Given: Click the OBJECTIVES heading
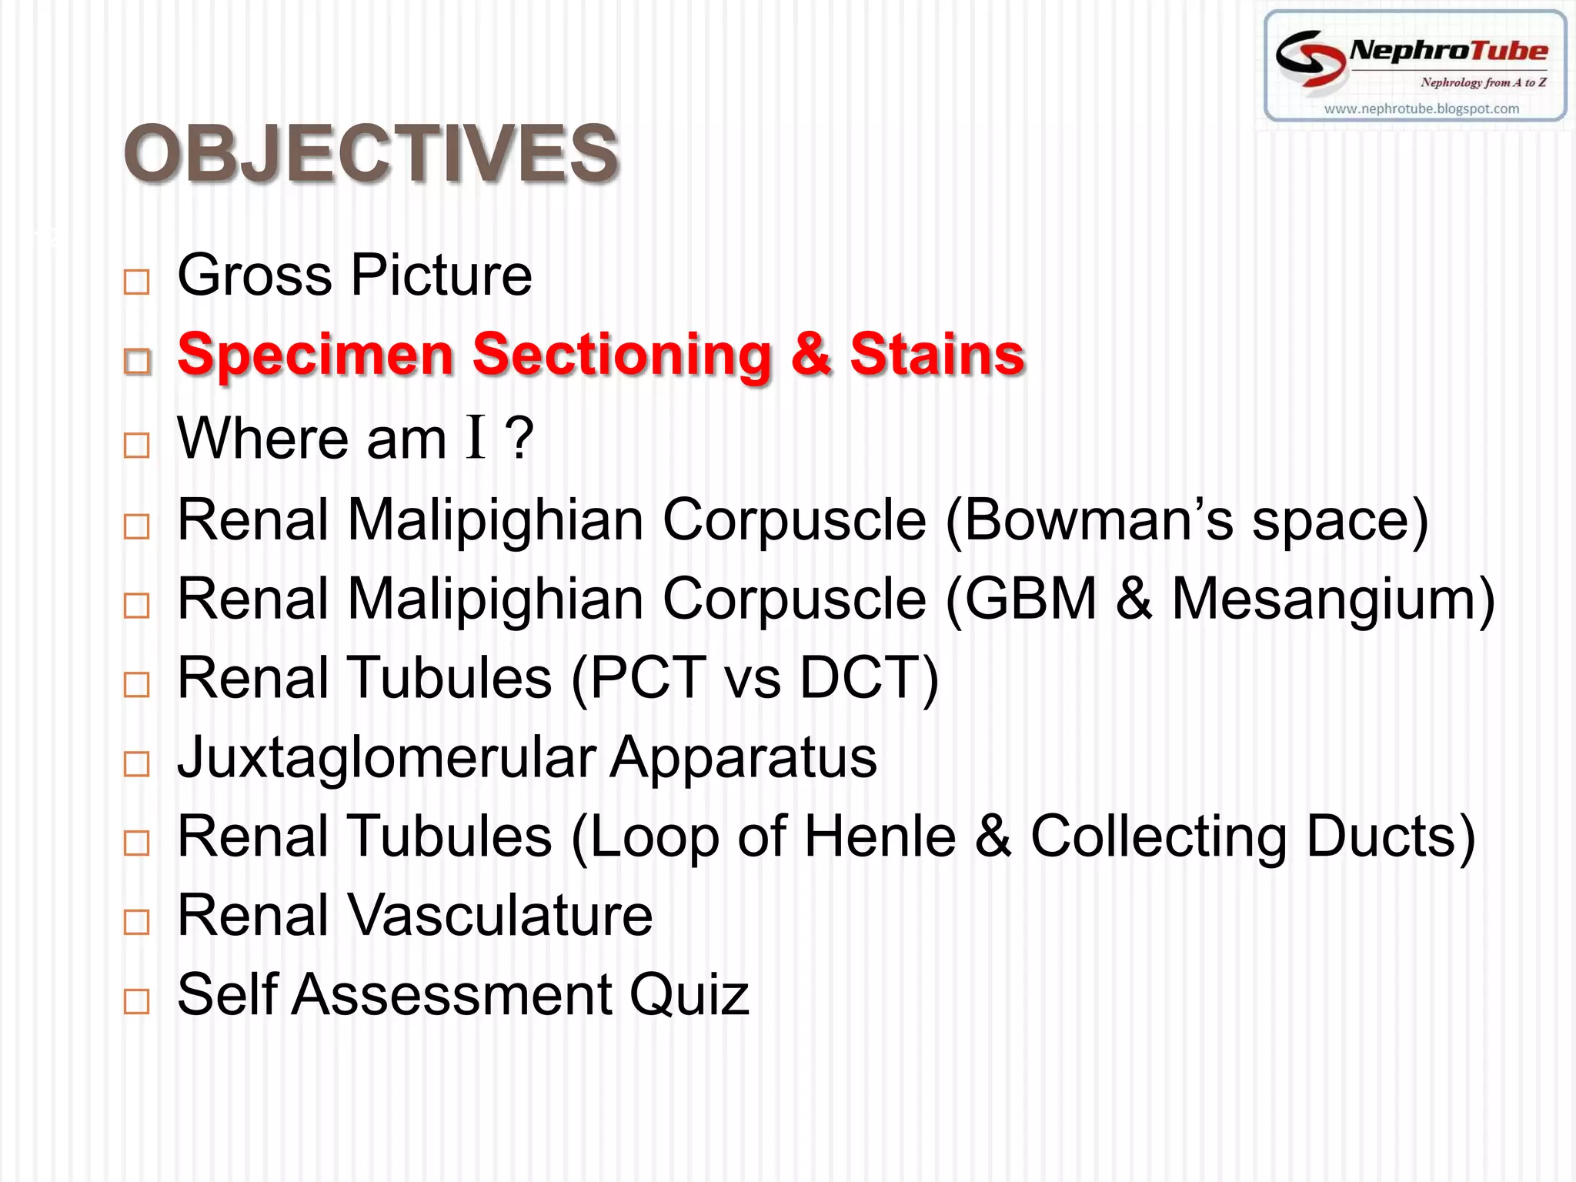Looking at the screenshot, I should (x=371, y=153).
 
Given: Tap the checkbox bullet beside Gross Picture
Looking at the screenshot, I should (x=136, y=282).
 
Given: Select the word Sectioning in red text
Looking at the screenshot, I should (x=622, y=356).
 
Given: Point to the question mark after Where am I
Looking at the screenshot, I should (x=519, y=439).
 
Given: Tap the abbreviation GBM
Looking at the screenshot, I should (x=1030, y=599).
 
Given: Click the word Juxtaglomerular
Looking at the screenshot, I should (x=386, y=758).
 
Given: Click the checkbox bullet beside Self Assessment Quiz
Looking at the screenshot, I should (x=136, y=1001).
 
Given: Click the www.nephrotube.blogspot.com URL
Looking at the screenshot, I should (x=1421, y=109).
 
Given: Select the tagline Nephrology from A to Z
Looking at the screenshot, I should (x=1483, y=82).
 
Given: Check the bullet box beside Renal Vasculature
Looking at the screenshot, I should (x=136, y=922).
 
